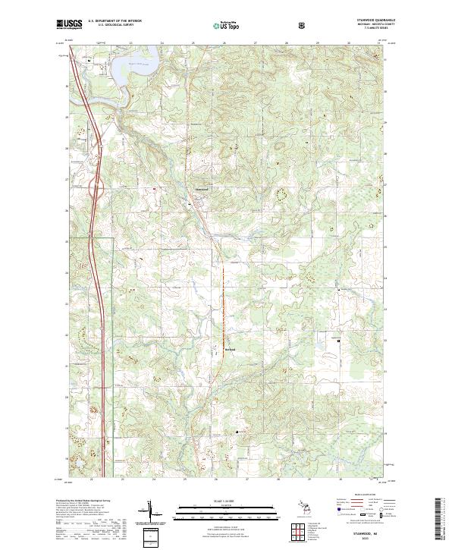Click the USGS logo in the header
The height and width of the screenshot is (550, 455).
(69, 24)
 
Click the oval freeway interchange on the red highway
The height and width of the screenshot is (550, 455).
(95, 189)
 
